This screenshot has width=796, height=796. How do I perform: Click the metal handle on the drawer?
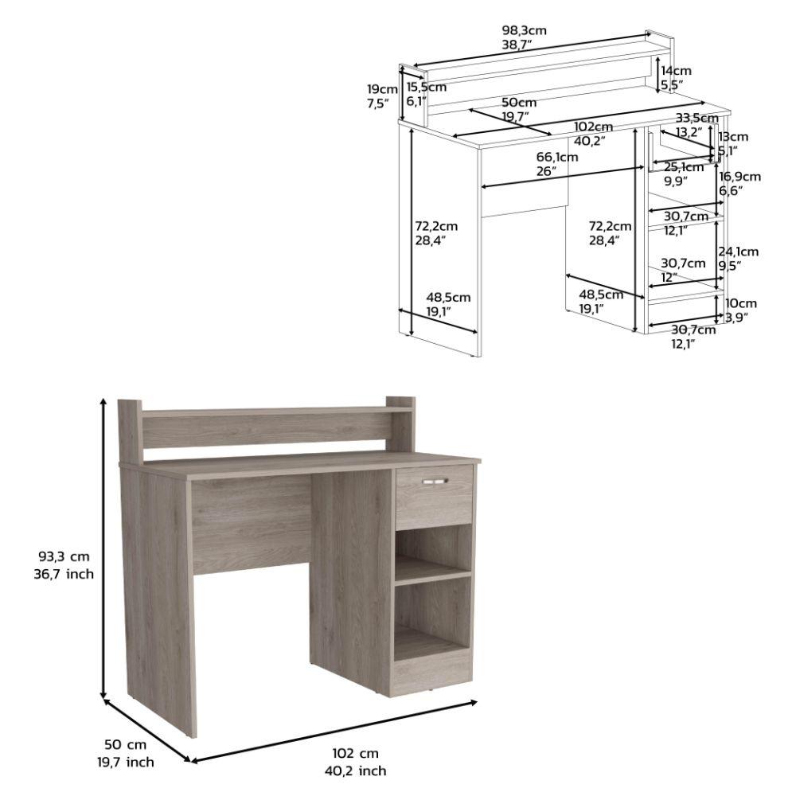coord(435,481)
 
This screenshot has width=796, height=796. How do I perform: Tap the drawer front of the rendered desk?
coord(434,498)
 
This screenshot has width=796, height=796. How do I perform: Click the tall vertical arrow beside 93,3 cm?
coord(103,549)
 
